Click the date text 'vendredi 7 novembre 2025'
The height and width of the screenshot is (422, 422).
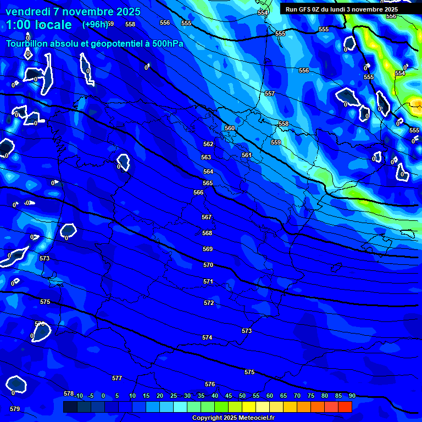pyautogui.click(x=73, y=12)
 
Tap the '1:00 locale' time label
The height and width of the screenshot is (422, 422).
pyautogui.click(x=39, y=25)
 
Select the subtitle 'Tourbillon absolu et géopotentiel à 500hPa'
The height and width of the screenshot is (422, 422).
pyautogui.click(x=95, y=44)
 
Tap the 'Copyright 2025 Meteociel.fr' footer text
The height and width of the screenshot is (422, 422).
pyautogui.click(x=233, y=418)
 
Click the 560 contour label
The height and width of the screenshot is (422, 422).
pyautogui.click(x=230, y=128)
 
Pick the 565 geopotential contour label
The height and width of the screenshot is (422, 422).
pyautogui.click(x=208, y=183)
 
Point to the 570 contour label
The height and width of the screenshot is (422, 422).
pyautogui.click(x=208, y=265)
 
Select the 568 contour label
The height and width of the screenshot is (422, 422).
pyautogui.click(x=207, y=233)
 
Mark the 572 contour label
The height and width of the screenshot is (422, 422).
pyautogui.click(x=209, y=303)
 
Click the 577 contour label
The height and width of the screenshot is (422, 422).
pyautogui.click(x=116, y=378)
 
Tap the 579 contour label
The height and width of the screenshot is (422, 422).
pyautogui.click(x=15, y=409)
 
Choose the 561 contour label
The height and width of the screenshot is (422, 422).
pyautogui.click(x=247, y=155)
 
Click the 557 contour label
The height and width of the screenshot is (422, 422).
pyautogui.click(x=269, y=94)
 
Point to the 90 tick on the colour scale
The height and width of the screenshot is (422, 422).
pyautogui.click(x=352, y=396)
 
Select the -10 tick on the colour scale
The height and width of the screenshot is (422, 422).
pyautogui.click(x=79, y=396)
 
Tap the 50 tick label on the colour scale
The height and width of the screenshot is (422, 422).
pyautogui.click(x=242, y=396)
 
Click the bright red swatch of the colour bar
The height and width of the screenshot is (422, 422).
pyautogui.click(x=345, y=407)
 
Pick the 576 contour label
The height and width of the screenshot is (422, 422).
pyautogui.click(x=210, y=384)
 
